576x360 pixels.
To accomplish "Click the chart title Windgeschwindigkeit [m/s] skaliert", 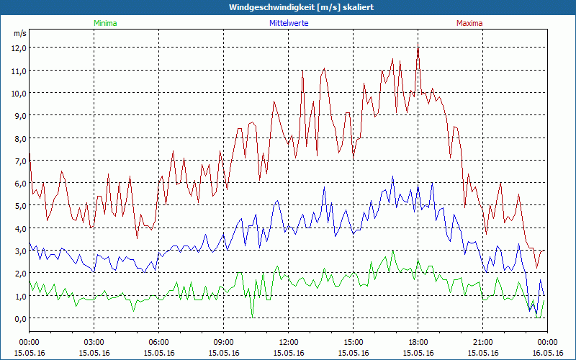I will [288, 7].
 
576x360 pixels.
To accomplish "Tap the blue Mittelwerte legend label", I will [289, 24].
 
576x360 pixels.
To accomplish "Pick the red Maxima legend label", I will [469, 24].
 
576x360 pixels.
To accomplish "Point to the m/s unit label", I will [19, 33].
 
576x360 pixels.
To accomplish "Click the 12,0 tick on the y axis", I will [19, 48].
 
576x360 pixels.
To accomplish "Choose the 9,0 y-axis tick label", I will [19, 115].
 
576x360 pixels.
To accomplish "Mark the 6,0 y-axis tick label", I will [19, 183].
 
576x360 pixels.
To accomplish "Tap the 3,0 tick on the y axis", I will [19, 251].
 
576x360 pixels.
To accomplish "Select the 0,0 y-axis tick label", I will [19, 318].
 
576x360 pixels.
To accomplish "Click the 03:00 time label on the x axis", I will [94, 342].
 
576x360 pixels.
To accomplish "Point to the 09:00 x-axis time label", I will [224, 342].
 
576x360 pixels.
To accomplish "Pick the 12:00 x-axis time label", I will [289, 342].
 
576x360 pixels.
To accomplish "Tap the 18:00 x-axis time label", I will [418, 342].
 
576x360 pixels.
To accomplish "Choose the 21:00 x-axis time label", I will [483, 342].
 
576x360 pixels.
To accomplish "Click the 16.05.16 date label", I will [548, 353].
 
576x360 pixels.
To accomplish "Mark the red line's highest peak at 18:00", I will [418, 46].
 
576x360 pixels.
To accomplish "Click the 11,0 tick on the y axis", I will [19, 71].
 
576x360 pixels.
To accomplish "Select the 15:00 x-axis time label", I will [354, 342].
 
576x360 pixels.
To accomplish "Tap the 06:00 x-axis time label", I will [159, 342].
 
